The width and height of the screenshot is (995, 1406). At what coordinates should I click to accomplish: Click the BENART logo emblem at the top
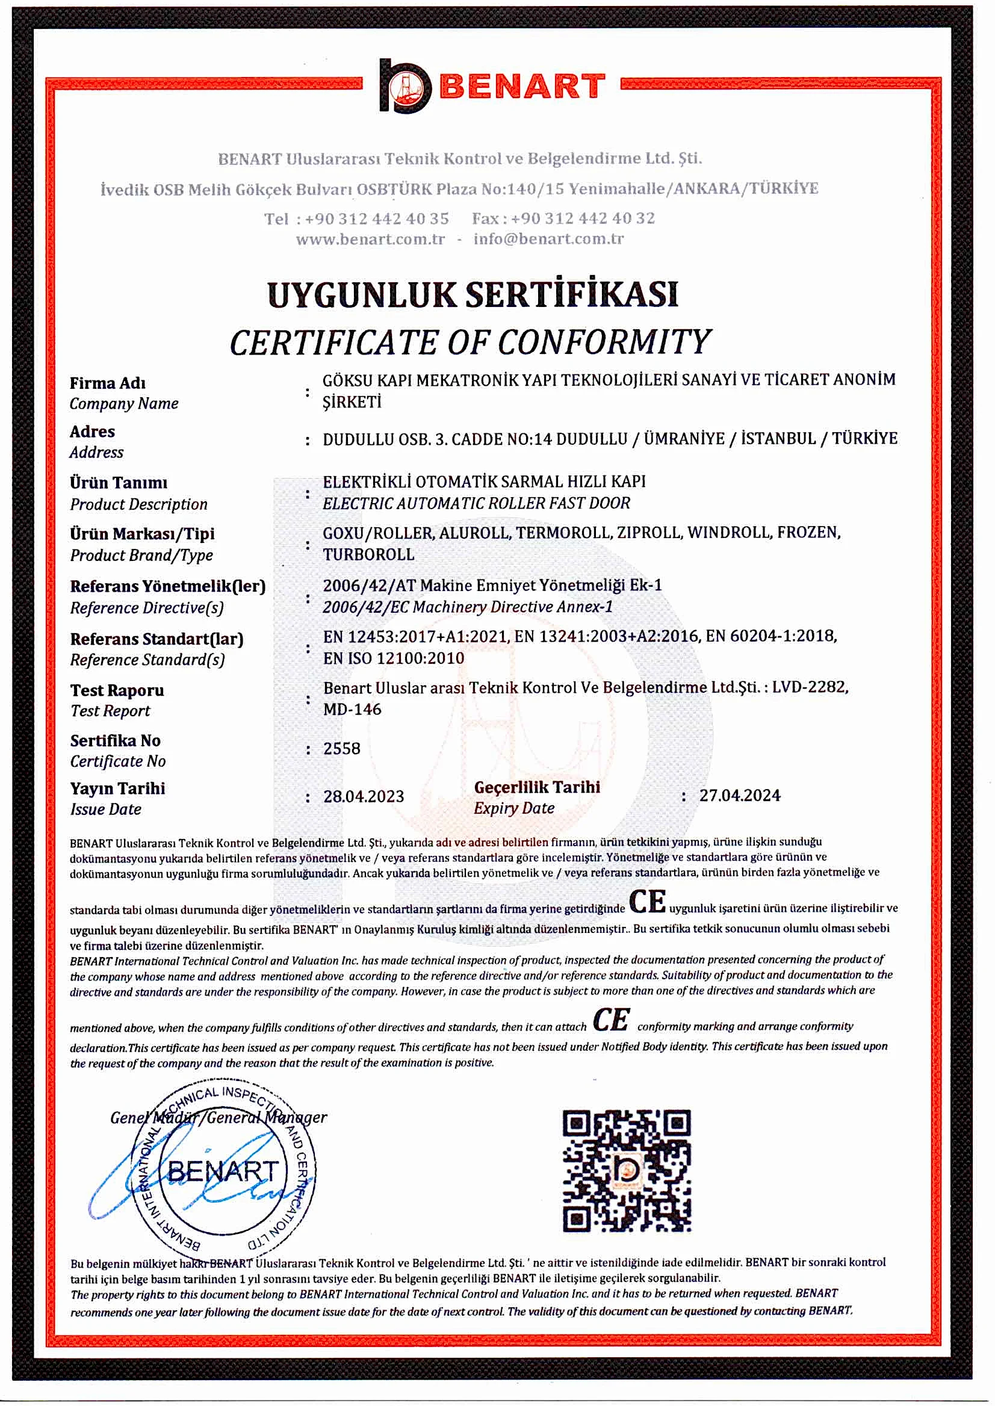[405, 86]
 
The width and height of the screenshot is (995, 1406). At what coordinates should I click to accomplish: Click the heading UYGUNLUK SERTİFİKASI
[473, 294]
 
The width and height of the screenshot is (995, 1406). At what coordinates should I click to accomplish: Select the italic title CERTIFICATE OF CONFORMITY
[470, 342]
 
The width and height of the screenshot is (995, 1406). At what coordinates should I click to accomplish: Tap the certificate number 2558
[342, 749]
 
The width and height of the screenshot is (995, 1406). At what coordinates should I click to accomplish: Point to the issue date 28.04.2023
[364, 796]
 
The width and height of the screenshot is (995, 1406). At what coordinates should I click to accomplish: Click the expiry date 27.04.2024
[740, 796]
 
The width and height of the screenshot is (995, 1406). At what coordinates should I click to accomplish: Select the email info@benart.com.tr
[548, 239]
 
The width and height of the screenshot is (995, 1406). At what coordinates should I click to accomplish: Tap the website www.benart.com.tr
[370, 239]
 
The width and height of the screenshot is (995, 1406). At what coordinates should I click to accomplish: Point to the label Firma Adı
[108, 383]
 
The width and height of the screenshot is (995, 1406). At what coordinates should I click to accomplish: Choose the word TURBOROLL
[369, 554]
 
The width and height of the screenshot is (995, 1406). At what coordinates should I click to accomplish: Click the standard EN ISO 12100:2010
[394, 658]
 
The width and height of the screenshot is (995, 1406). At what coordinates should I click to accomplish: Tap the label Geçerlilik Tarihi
[537, 787]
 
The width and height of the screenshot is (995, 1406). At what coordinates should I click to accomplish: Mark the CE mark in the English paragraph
[612, 1020]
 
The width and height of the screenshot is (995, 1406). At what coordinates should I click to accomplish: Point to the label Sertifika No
[115, 741]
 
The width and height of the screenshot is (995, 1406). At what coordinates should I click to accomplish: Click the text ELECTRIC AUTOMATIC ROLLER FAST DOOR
[477, 504]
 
